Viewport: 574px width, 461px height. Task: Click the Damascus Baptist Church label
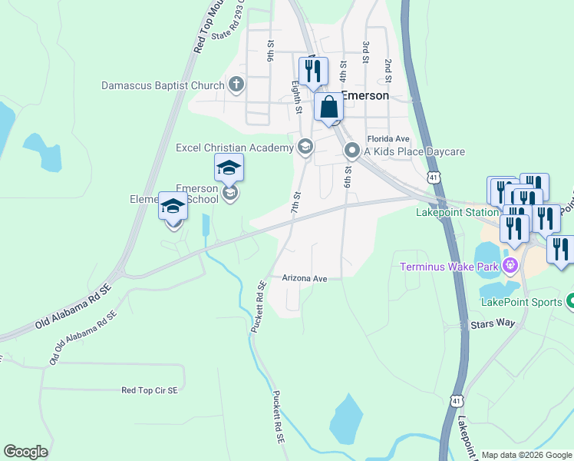pyautogui.click(x=162, y=85)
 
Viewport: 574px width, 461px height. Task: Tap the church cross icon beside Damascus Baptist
pyautogui.click(x=236, y=85)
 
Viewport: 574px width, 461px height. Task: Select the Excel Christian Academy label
pyautogui.click(x=235, y=148)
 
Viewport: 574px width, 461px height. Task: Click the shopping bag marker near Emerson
pyautogui.click(x=328, y=108)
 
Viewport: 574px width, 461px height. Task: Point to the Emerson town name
pyautogui.click(x=365, y=96)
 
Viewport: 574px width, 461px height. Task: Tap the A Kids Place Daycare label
pyautogui.click(x=414, y=151)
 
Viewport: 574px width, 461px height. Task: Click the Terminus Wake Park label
pyautogui.click(x=450, y=267)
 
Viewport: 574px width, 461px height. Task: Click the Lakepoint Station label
pyautogui.click(x=457, y=212)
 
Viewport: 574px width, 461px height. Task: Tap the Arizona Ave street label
pyautogui.click(x=305, y=278)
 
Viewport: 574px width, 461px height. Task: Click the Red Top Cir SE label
pyautogui.click(x=150, y=390)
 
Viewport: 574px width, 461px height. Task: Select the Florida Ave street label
pyautogui.click(x=388, y=139)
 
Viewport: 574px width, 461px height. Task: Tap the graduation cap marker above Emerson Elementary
pyautogui.click(x=229, y=166)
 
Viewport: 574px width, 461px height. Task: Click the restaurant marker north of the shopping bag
pyautogui.click(x=312, y=71)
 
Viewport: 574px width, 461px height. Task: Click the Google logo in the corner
pyautogui.click(x=25, y=452)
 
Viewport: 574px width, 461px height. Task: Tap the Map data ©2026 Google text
pyautogui.click(x=526, y=455)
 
